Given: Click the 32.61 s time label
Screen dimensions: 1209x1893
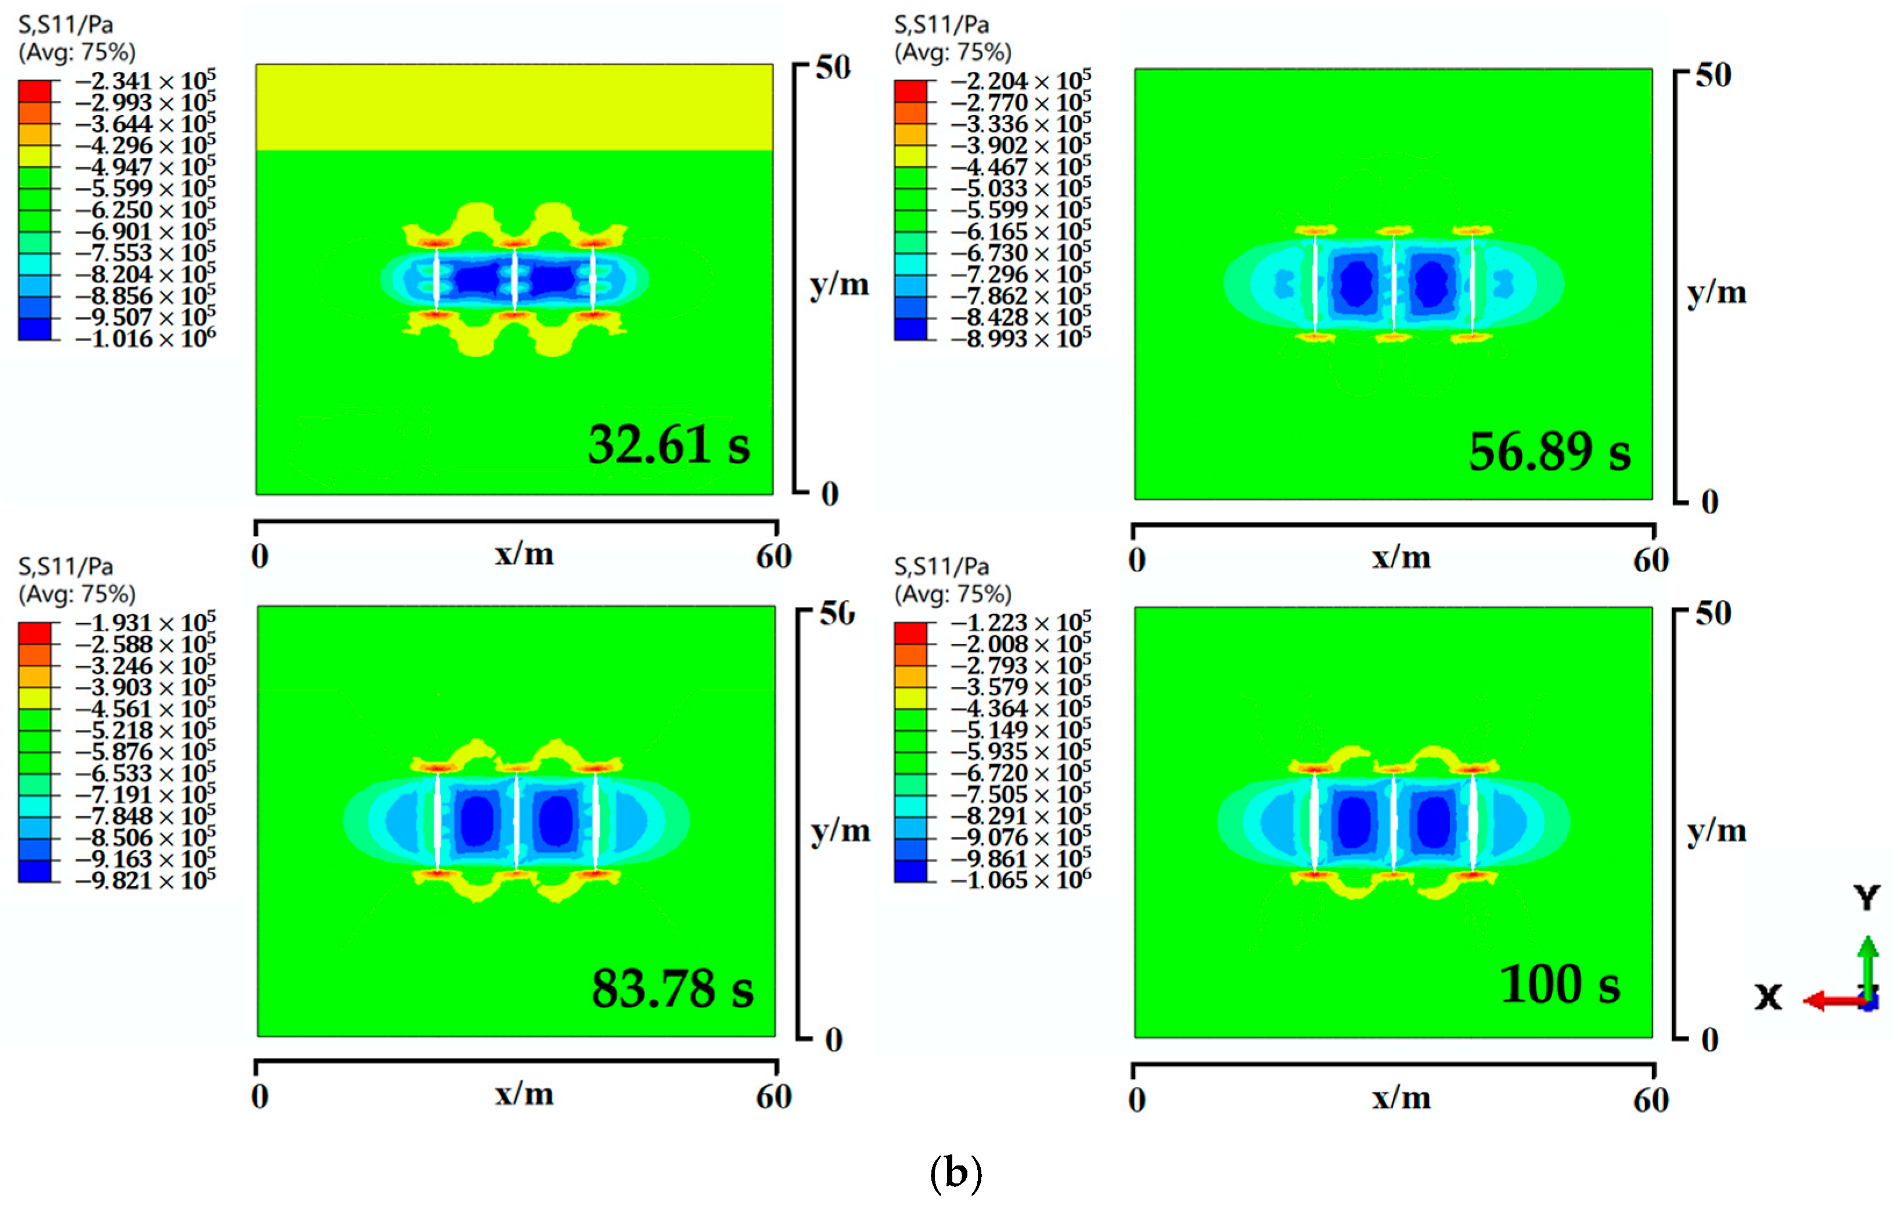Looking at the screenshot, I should (x=669, y=445).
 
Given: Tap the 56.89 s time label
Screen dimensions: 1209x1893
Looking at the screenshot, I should (x=1549, y=452).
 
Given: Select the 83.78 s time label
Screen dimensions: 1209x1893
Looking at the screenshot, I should (x=672, y=988).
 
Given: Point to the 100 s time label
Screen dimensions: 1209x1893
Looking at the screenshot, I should (x=1560, y=984).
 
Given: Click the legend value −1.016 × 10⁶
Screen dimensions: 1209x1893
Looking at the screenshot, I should (x=145, y=339).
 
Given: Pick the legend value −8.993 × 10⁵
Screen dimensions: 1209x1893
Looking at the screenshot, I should (x=1020, y=339).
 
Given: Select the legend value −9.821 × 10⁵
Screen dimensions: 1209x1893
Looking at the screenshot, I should (x=145, y=880).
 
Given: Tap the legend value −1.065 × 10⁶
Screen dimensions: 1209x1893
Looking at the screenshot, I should (x=1020, y=880).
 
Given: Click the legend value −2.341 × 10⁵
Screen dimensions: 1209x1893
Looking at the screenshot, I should (x=145, y=81).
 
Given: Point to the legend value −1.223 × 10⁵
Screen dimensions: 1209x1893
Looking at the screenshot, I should (x=1020, y=623).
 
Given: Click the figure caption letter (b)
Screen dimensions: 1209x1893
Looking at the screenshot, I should (x=955, y=1174).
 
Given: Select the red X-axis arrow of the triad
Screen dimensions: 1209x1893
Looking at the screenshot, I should (x=1831, y=1001).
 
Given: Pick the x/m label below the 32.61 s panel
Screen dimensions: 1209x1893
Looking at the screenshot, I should (x=524, y=554).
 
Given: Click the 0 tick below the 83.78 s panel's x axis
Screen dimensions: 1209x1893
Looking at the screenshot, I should (x=260, y=1096).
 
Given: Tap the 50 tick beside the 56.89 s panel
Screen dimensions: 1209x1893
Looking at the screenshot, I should (x=1713, y=75).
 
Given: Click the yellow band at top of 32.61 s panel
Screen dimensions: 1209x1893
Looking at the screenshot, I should (x=514, y=107).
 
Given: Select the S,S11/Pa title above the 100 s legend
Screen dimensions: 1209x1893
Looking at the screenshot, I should (x=941, y=567).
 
